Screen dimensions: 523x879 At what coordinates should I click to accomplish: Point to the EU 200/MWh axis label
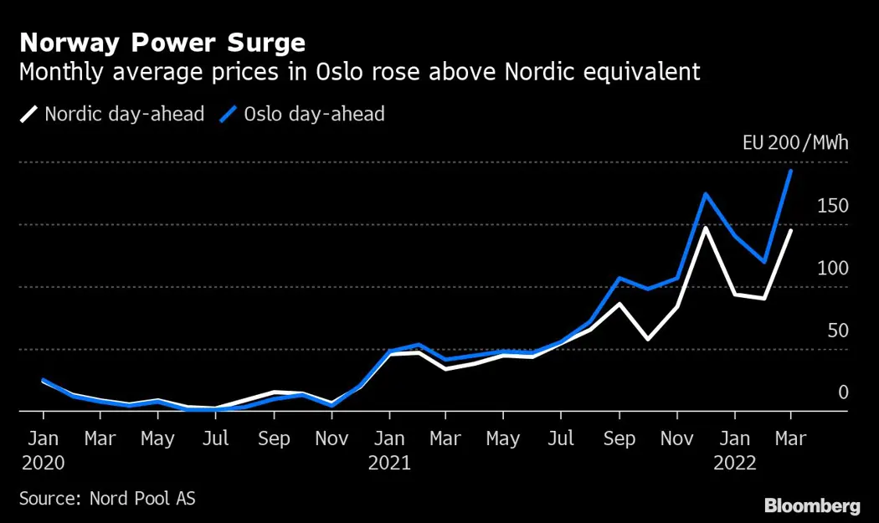point(794,143)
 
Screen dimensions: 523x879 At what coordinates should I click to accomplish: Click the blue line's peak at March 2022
point(791,171)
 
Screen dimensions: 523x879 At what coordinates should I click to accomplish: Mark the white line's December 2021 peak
point(706,228)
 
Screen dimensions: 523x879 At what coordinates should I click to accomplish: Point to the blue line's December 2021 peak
point(706,194)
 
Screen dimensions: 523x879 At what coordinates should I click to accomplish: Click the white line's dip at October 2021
point(648,339)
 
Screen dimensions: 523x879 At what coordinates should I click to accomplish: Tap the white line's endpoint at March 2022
point(791,230)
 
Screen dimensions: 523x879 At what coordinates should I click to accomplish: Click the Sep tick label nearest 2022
point(619,438)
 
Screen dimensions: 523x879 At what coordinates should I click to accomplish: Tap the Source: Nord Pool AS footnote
point(107,498)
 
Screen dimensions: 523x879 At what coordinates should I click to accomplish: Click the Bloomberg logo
point(812,505)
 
